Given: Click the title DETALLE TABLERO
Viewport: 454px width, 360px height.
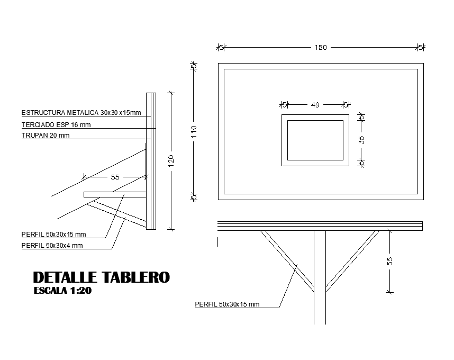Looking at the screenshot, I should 101,277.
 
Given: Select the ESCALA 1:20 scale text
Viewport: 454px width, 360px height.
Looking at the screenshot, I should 62,291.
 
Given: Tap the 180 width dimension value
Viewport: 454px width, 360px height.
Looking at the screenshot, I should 321,48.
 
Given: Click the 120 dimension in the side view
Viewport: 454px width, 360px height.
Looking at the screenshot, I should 171,160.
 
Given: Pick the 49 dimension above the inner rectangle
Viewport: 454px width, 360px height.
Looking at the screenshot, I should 315,105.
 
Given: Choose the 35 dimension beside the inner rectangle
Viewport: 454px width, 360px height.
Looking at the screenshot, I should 362,140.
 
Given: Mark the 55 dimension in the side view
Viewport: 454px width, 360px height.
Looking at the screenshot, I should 115,177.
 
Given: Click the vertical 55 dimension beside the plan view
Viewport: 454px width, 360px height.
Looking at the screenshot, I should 390,262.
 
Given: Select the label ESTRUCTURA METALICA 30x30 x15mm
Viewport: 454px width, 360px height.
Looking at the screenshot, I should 81,113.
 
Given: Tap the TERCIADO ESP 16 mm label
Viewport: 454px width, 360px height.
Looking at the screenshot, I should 56,125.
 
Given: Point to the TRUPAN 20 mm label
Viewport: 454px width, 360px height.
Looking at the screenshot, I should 46,136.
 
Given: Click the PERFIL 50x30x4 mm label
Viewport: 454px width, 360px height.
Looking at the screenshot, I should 52,246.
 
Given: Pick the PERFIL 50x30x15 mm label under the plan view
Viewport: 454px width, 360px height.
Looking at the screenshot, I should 227,304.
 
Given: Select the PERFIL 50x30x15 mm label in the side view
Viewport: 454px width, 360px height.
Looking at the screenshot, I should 53,234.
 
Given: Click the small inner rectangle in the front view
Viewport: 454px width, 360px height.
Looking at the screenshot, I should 315,140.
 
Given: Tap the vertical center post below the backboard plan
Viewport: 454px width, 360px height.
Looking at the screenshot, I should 320,275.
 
